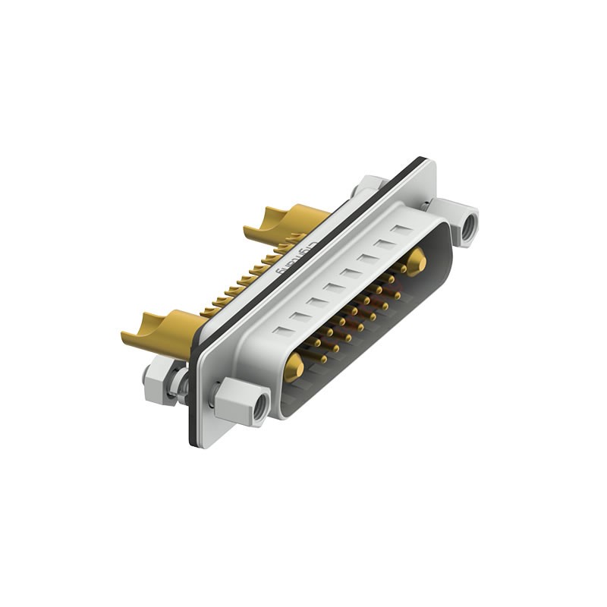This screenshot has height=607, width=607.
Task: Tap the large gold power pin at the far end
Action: click(x=416, y=262)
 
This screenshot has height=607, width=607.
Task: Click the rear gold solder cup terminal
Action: click(x=285, y=221)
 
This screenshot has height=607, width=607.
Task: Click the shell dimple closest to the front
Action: click(x=281, y=331)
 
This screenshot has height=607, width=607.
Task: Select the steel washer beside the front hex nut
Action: click(x=181, y=385)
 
